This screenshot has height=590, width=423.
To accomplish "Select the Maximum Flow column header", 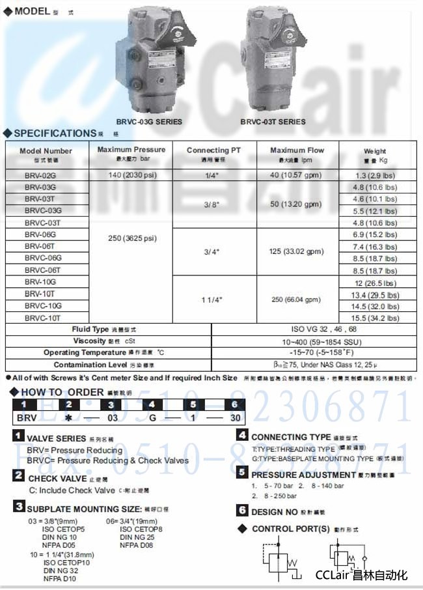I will point(297,154).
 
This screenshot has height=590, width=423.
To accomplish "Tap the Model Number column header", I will point(46,154).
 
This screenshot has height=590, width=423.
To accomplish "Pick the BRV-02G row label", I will point(40,175).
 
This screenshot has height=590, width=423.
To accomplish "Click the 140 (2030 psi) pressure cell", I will point(131,175).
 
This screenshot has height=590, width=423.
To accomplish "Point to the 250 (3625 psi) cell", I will point(131,238).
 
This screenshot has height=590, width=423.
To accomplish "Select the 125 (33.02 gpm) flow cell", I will point(297,251).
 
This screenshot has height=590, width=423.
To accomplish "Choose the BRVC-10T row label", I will point(43,318).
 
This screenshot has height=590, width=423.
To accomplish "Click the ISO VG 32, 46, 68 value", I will point(314,330).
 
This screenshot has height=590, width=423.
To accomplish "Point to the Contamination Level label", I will point(90,365).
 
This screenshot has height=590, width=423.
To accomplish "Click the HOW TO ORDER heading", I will point(62,392).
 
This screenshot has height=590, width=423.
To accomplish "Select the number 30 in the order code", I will point(235,417).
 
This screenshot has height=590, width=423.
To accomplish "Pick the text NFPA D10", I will point(60,578).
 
